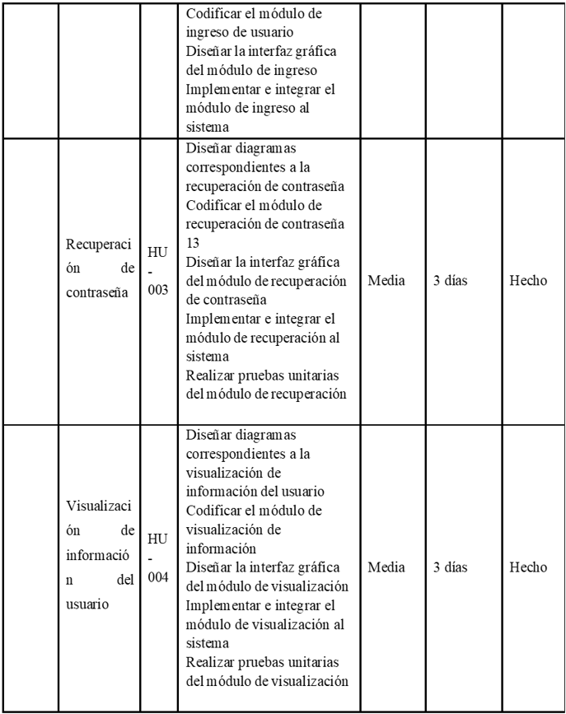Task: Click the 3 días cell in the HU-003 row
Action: (451, 281)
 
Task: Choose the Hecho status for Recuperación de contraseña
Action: (529, 281)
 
